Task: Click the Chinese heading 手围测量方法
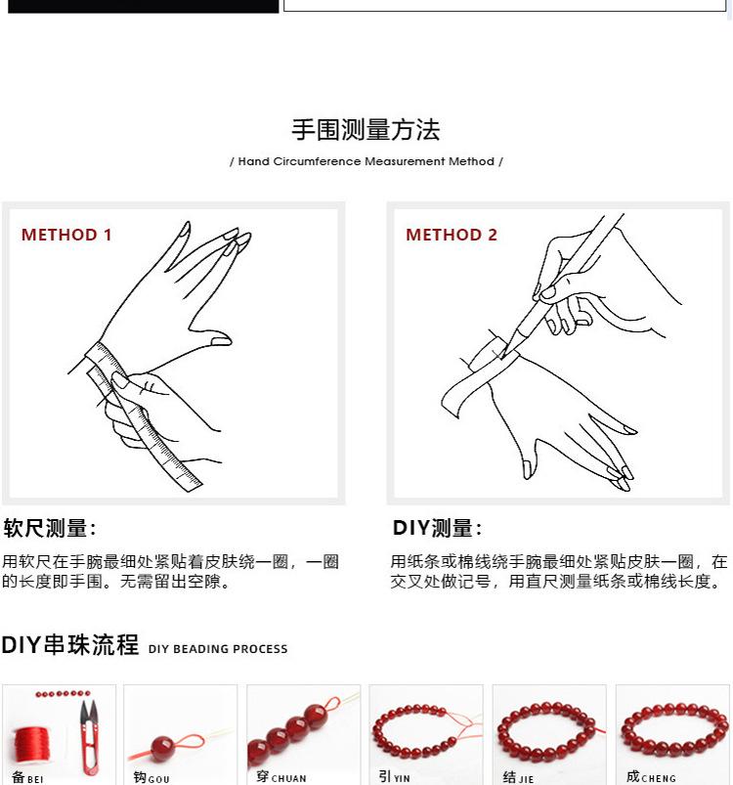(x=366, y=130)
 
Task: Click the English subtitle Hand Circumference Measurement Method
(x=366, y=161)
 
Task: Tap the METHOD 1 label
(x=66, y=235)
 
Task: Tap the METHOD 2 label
(x=452, y=235)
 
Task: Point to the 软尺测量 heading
(x=49, y=528)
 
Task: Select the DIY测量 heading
(x=437, y=528)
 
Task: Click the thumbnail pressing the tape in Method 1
(x=119, y=381)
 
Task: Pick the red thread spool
(x=32, y=747)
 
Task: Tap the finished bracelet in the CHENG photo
(x=674, y=730)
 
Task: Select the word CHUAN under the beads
(x=288, y=778)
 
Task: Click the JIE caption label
(x=518, y=777)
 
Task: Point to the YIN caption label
(x=395, y=777)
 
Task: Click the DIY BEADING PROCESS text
(x=218, y=649)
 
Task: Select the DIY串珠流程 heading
(x=70, y=645)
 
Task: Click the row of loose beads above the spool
(x=64, y=694)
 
